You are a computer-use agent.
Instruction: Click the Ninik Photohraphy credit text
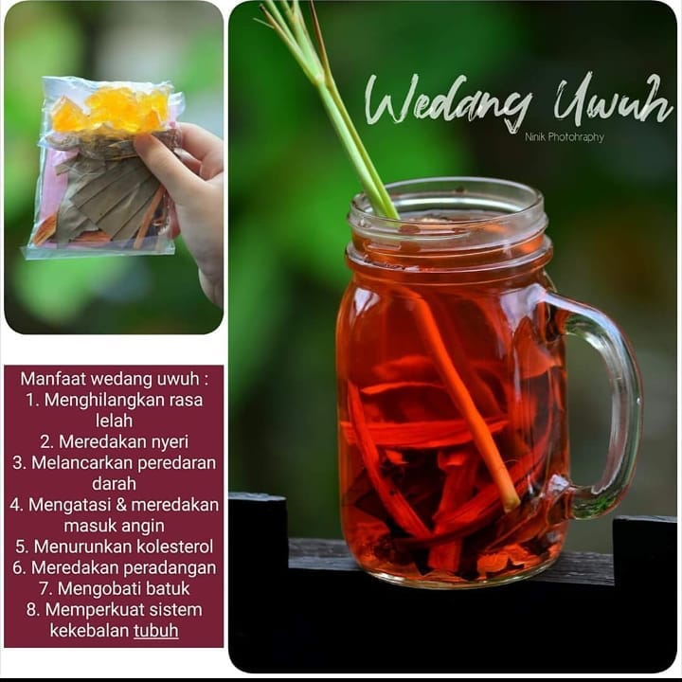pos(565,137)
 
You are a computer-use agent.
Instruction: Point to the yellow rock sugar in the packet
pos(111,109)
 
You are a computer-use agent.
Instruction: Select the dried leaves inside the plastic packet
pos(106,196)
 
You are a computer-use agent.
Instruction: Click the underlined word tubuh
pos(156,630)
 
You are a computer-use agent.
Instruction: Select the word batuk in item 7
pos(168,588)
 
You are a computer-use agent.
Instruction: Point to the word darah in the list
pos(114,484)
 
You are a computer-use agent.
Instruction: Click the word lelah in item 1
pos(114,421)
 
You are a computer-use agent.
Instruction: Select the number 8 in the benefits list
pos(31,610)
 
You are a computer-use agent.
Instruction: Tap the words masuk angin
pos(114,526)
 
